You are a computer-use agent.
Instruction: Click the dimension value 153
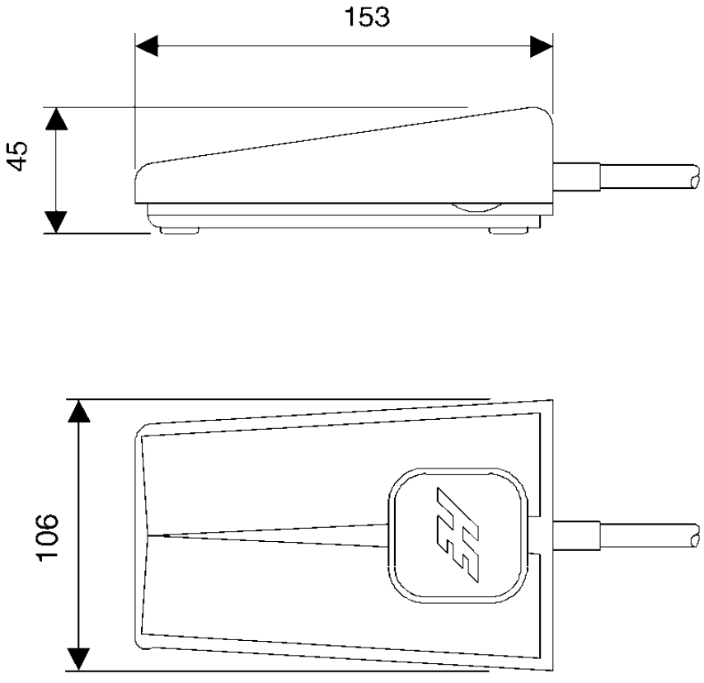(x=367, y=17)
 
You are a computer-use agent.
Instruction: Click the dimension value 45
(x=18, y=156)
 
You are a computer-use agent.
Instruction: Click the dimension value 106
(x=47, y=537)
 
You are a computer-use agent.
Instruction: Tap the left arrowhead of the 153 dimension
(x=147, y=45)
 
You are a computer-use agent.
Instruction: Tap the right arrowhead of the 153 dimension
(x=542, y=46)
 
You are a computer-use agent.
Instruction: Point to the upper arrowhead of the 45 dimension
(x=56, y=119)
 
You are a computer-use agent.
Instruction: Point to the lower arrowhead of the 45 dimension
(x=56, y=222)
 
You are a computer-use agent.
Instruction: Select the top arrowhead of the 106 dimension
(x=78, y=411)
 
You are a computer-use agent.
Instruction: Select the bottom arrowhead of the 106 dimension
(x=78, y=659)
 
